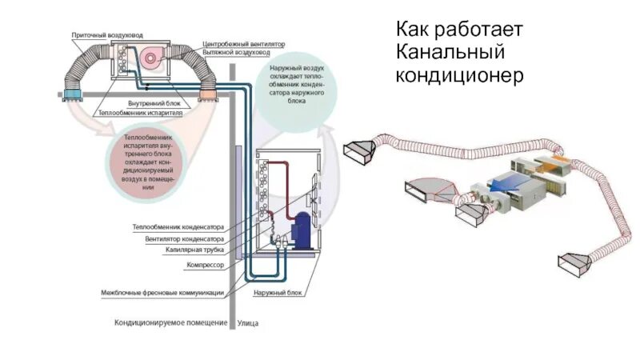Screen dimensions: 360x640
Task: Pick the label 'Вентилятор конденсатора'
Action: click(x=184, y=238)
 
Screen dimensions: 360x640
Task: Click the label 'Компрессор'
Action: click(x=205, y=263)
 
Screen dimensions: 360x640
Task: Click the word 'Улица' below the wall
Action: click(x=249, y=323)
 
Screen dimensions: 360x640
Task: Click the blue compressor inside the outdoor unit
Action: click(x=305, y=233)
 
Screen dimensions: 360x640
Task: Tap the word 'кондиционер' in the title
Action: click(x=459, y=75)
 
